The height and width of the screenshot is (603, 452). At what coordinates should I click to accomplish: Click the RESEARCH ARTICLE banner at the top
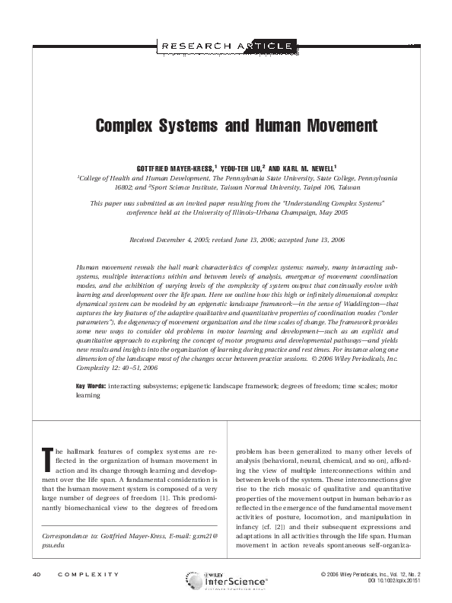click(225, 47)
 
